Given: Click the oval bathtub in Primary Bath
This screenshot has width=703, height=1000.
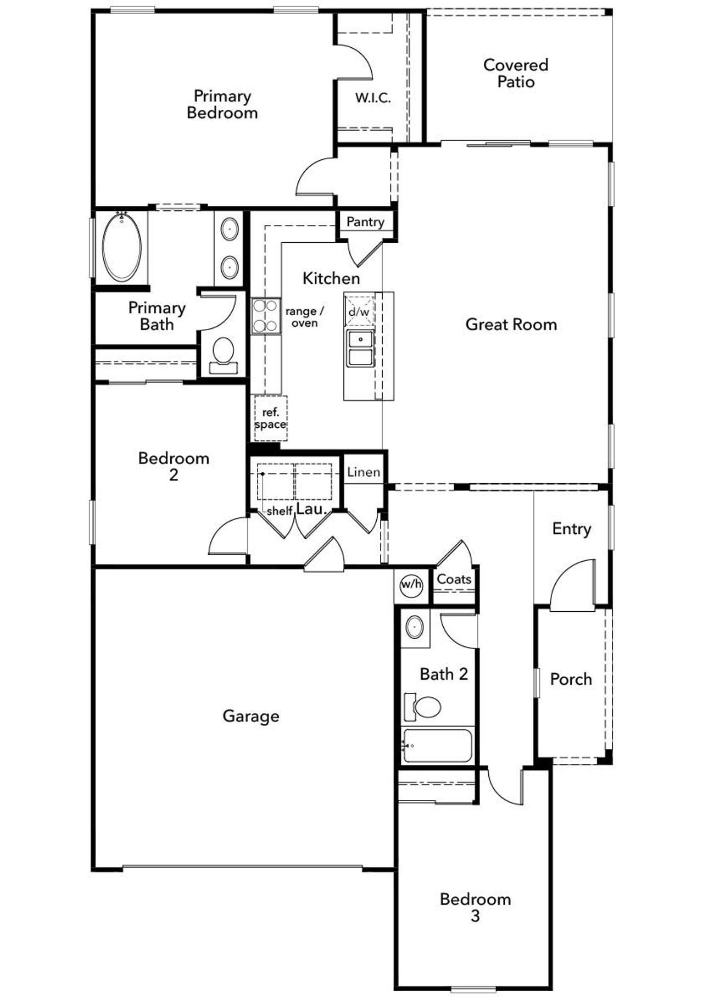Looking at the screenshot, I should pyautogui.click(x=122, y=247).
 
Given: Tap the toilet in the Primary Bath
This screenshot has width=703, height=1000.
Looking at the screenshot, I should pyautogui.click(x=223, y=354).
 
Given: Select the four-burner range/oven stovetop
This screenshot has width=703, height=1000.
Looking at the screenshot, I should pyautogui.click(x=265, y=316).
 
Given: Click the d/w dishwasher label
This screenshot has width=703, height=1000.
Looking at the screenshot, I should pyautogui.click(x=359, y=312).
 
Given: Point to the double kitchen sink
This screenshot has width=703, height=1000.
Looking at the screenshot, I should pyautogui.click(x=360, y=348).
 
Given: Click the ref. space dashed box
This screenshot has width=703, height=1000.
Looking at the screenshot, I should pyautogui.click(x=270, y=418).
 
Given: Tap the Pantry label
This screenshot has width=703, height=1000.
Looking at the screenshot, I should pyautogui.click(x=365, y=222).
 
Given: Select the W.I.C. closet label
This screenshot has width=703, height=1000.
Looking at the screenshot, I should pyautogui.click(x=373, y=98).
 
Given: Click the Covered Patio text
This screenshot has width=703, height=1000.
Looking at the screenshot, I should pyautogui.click(x=515, y=73).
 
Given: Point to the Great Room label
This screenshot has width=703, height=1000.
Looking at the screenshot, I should pyautogui.click(x=511, y=325).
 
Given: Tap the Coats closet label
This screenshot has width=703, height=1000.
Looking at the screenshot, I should pyautogui.click(x=454, y=579).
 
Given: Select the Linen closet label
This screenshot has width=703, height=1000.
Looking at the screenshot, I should pyautogui.click(x=364, y=472).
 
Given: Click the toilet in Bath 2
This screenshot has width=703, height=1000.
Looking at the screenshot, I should pyautogui.click(x=425, y=707).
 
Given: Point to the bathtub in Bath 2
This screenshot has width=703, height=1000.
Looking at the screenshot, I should pyautogui.click(x=437, y=745).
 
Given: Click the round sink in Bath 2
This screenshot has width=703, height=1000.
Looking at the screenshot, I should pyautogui.click(x=415, y=627).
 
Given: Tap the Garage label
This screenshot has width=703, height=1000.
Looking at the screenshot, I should pyautogui.click(x=250, y=716).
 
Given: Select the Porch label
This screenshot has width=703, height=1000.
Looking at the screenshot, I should pyautogui.click(x=571, y=679).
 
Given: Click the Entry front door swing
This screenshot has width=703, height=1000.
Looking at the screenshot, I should pyautogui.click(x=574, y=588).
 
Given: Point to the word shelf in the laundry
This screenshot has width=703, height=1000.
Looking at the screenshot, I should pyautogui.click(x=279, y=511).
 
